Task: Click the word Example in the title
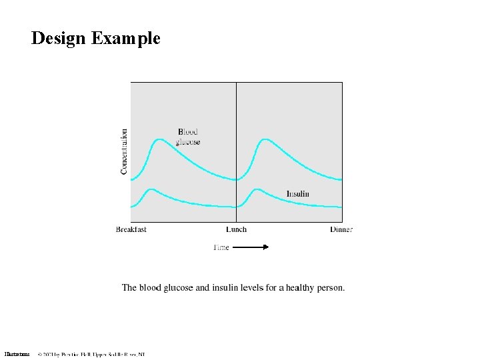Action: (x=126, y=38)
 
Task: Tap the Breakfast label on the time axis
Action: (x=131, y=229)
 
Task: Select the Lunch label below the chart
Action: (x=236, y=229)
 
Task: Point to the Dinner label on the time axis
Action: (x=341, y=229)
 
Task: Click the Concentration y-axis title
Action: (x=124, y=152)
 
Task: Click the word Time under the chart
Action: (x=221, y=247)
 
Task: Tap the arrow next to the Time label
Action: (x=251, y=247)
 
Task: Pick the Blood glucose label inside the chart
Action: (x=188, y=137)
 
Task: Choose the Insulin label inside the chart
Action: (x=298, y=194)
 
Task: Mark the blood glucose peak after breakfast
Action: (x=159, y=139)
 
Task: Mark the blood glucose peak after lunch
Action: (x=265, y=139)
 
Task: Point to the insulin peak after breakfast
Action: (x=151, y=189)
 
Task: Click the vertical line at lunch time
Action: (x=237, y=120)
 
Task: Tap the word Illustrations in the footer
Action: (x=17, y=353)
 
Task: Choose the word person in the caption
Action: (x=331, y=288)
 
